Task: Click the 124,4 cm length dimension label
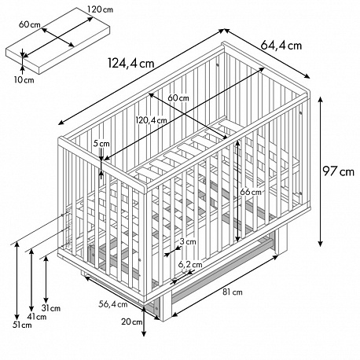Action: (x=131, y=64)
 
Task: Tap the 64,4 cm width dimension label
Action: (x=281, y=46)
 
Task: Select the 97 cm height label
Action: (x=338, y=171)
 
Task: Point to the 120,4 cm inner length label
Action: (x=151, y=120)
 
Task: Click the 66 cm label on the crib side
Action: (x=251, y=192)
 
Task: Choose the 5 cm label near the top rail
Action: (x=101, y=144)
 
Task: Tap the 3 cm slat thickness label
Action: (x=188, y=241)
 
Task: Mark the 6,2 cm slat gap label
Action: (x=190, y=265)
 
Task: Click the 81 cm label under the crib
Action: (x=233, y=292)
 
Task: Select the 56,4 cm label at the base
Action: (x=113, y=304)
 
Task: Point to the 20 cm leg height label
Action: (x=131, y=321)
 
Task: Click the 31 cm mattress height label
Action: (x=51, y=308)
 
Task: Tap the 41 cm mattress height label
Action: (x=37, y=317)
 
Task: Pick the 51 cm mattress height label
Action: (x=22, y=325)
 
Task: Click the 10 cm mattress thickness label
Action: (x=24, y=80)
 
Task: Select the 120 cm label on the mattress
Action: (x=101, y=9)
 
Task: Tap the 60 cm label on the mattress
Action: (x=30, y=24)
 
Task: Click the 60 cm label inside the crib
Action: (x=178, y=98)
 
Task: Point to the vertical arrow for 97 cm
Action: (x=320, y=171)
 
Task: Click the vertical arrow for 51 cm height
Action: (x=17, y=281)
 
